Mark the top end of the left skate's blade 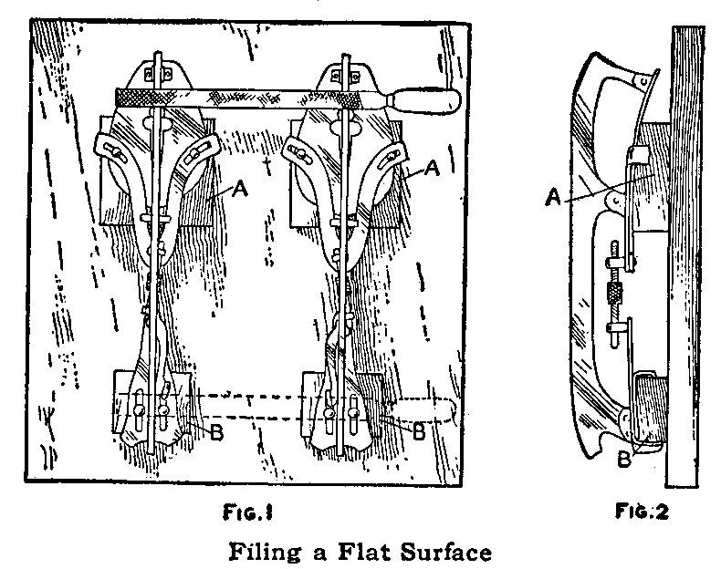[159, 60]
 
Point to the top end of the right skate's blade [346, 60]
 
